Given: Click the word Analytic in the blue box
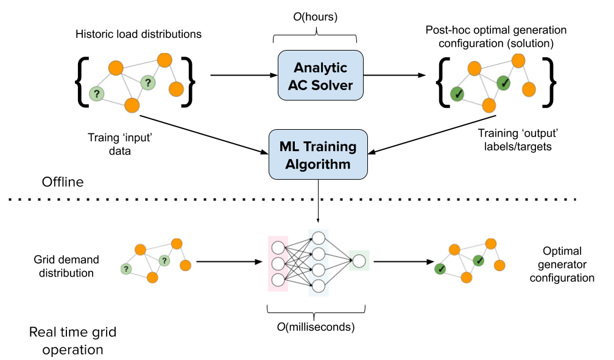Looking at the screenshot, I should [320, 68].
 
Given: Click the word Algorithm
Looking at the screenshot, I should [318, 164].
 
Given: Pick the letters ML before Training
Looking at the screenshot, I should [290, 147].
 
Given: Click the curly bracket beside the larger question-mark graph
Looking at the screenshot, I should [186, 82].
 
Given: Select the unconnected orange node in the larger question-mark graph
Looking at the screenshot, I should [176, 89].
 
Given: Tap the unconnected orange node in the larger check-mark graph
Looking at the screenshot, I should [529, 89].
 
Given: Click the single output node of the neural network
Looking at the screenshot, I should [359, 261].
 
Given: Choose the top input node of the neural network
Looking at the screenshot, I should [278, 248].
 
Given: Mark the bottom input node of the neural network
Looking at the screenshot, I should [278, 280].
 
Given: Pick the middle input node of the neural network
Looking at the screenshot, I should [278, 264].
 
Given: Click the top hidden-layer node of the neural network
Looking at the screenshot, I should [318, 238].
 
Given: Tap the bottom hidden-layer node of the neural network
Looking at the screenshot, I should [318, 284].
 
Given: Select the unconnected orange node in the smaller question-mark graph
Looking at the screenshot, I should [185, 265].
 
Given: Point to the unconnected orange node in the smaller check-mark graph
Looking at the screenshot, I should [499, 265].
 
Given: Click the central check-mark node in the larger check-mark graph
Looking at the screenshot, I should [503, 82].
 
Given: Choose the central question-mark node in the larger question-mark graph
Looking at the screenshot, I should [147, 82].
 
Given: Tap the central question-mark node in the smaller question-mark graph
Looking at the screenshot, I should [164, 261].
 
